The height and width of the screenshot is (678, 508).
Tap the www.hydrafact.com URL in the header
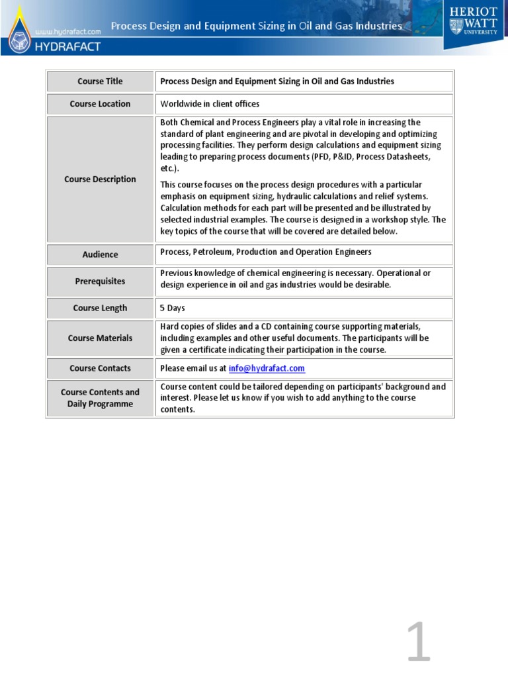point(67,31)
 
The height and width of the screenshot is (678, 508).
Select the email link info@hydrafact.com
point(267,368)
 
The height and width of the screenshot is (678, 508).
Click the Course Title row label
point(100,81)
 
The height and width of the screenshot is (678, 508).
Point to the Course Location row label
point(100,104)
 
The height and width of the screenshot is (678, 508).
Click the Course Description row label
point(100,179)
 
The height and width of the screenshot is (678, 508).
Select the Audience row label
point(100,254)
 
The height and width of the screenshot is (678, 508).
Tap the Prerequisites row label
point(100,281)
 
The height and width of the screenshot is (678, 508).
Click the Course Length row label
point(100,308)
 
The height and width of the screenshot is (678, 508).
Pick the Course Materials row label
point(100,338)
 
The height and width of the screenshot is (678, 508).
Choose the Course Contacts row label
point(100,368)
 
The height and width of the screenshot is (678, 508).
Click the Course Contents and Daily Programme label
point(100,398)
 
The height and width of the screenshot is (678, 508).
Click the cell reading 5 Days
point(173,308)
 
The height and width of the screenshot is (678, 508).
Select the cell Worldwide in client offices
point(210,104)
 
